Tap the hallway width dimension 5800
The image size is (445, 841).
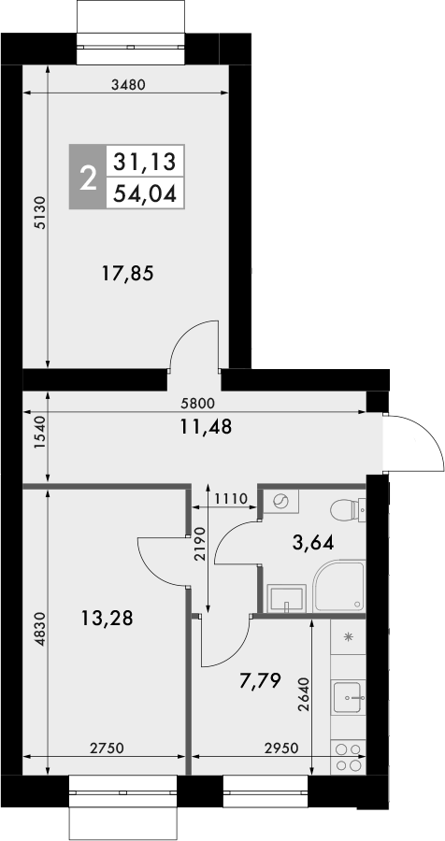pos(198,404)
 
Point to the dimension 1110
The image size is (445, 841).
pos(228,499)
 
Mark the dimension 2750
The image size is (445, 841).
pos(108,748)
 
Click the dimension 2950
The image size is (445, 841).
pos(282,748)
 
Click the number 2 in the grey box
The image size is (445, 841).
pos(89,178)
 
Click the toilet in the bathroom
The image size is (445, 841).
pos(347,512)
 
